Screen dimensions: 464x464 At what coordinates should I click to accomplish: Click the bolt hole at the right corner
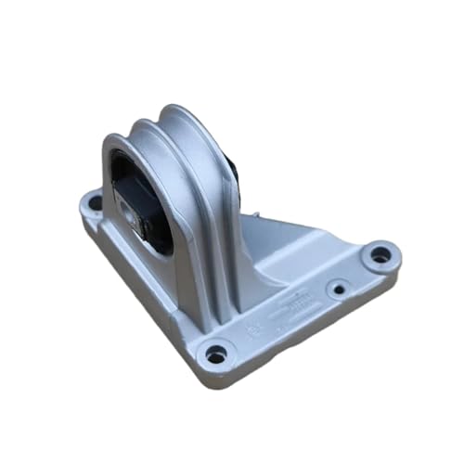point(380,252)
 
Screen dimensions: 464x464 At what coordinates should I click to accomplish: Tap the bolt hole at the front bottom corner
point(216,354)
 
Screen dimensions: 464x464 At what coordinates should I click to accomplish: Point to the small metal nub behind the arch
point(256,216)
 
